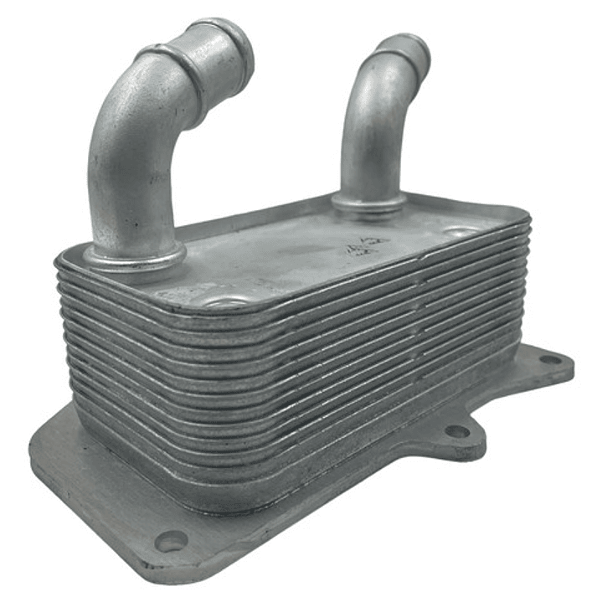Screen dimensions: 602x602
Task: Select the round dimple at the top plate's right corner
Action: point(461,230)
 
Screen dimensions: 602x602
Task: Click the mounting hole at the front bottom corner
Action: point(171,541)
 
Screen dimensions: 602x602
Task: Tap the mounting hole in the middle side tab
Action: point(457,431)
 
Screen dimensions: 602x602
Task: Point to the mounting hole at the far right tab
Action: point(550,359)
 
